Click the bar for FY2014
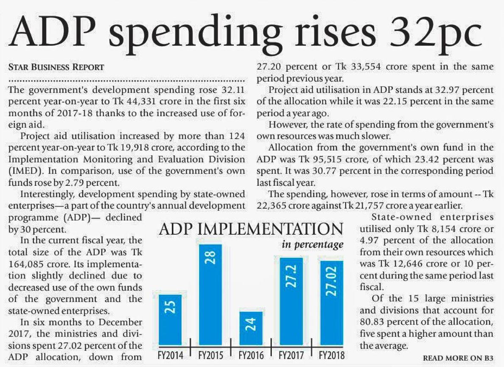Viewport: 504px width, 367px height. tap(170, 319)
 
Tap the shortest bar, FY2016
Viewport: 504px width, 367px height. tap(251, 328)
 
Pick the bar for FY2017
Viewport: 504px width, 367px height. tap(291, 300)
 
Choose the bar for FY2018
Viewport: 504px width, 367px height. tap(331, 302)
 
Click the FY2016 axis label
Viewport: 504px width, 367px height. tap(251, 355)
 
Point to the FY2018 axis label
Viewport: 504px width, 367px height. tap(331, 355)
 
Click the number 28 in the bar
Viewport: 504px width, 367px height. tap(211, 257)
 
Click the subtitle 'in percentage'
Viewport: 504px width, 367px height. tap(312, 245)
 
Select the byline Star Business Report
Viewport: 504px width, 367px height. tap(56, 67)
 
